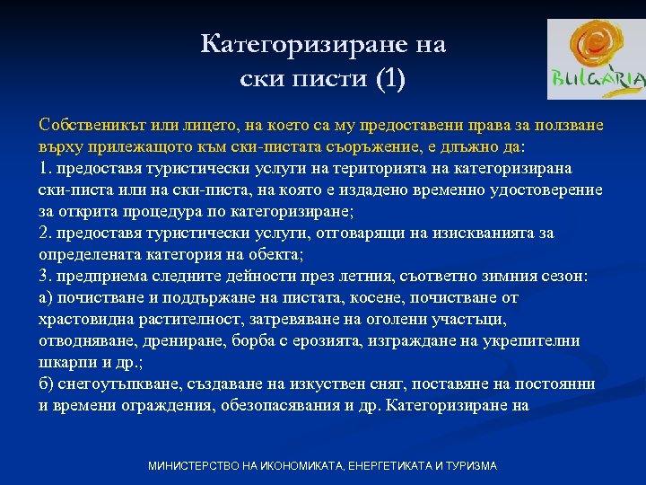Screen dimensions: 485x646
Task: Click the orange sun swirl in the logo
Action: coord(595,46)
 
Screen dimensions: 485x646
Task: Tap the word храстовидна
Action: coord(83,320)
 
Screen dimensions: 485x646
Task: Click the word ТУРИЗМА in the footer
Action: coord(467,466)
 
